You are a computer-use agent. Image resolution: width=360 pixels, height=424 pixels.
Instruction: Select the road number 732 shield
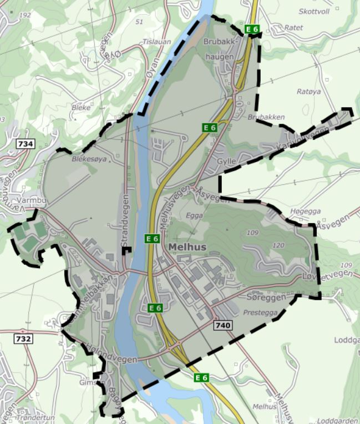[x=23, y=338]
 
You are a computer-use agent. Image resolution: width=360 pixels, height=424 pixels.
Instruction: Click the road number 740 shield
[x=223, y=325]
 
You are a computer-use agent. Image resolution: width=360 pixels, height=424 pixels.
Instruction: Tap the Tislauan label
[x=154, y=42]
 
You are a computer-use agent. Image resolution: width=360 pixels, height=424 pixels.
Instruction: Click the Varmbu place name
[x=29, y=200]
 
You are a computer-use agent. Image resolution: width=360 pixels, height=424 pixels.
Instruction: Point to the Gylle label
[x=227, y=161]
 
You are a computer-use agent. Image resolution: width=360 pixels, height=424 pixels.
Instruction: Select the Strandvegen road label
[x=125, y=221]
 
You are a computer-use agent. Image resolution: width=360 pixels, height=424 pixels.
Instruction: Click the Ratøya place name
[x=310, y=92]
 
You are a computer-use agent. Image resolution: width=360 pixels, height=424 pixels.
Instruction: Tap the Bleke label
[x=81, y=107]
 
